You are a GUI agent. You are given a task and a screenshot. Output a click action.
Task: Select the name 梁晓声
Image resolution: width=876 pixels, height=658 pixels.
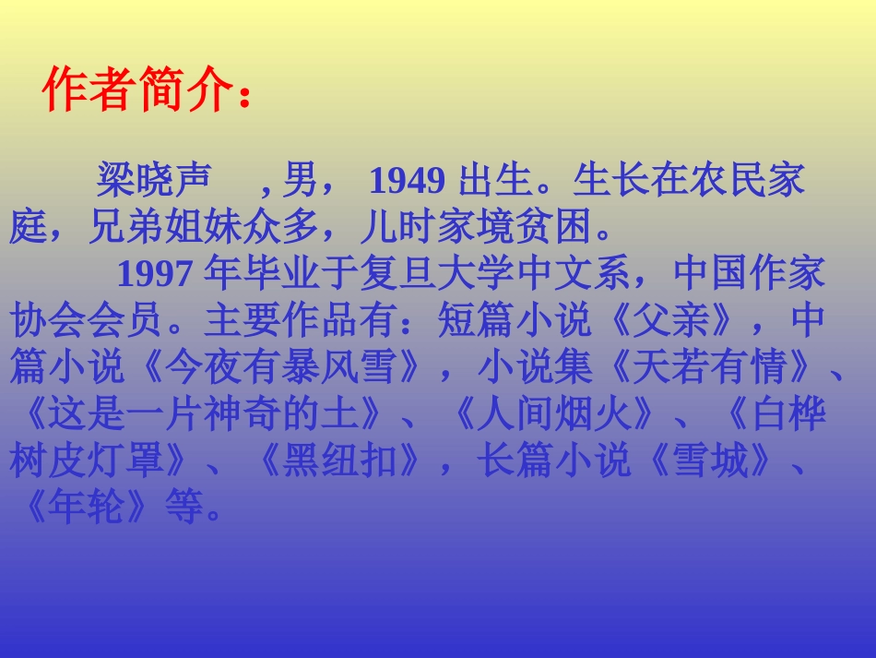pyautogui.click(x=153, y=182)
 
